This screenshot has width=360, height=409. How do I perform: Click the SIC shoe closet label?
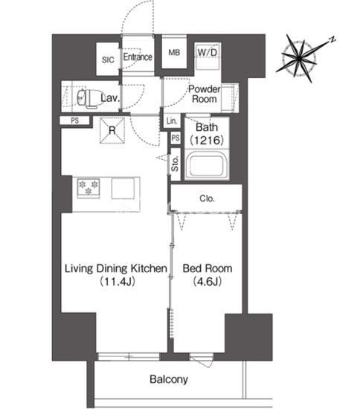tap(108, 60)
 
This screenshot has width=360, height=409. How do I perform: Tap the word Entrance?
tap(138, 57)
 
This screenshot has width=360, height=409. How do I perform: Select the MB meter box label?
tap(174, 53)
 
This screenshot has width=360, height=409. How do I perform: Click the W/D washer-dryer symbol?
tap(208, 57)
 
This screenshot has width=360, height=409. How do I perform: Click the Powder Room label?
tap(205, 94)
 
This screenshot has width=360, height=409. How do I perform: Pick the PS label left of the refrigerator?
tap(75, 120)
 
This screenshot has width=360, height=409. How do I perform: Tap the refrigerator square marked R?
tap(112, 130)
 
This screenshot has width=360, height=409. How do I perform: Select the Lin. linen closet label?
tap(172, 121)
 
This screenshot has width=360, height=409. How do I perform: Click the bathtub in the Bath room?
tap(207, 166)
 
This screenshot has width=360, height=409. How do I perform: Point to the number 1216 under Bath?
tap(207, 141)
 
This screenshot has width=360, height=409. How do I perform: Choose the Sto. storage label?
tap(175, 164)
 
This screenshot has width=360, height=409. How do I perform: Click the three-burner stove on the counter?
tap(89, 188)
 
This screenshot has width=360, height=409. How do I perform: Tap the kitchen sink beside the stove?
tap(123, 188)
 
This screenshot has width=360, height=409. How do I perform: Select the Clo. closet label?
tap(207, 199)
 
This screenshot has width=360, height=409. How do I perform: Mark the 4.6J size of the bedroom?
tap(208, 282)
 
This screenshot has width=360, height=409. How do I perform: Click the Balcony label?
tap(169, 379)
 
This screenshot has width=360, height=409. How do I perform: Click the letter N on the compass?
tap(332, 39)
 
